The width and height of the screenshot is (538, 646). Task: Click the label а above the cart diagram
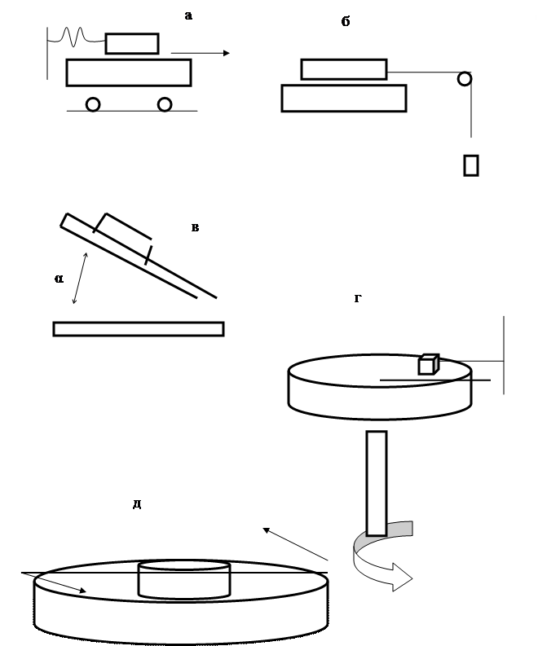pyautogui.click(x=188, y=15)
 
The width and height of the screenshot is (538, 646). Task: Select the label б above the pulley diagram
pyautogui.click(x=346, y=21)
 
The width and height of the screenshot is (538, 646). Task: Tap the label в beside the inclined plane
pyautogui.click(x=196, y=227)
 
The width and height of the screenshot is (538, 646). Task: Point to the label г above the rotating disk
pyautogui.click(x=358, y=298)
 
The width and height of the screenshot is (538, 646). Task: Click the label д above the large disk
pyautogui.click(x=137, y=504)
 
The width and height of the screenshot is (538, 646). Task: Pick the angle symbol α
pyautogui.click(x=59, y=279)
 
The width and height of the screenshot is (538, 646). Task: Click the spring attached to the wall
pyautogui.click(x=77, y=37)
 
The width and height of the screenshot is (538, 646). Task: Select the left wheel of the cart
pyautogui.click(x=93, y=104)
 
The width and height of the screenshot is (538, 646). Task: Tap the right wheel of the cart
pyautogui.click(x=165, y=104)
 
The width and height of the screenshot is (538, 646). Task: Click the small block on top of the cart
pyautogui.click(x=132, y=44)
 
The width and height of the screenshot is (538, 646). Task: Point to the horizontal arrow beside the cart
pyautogui.click(x=201, y=53)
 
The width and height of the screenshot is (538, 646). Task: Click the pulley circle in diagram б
pyautogui.click(x=465, y=79)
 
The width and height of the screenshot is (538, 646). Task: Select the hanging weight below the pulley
pyautogui.click(x=471, y=165)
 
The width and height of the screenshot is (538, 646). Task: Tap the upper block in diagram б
pyautogui.click(x=344, y=69)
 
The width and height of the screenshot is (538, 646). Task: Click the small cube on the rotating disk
pyautogui.click(x=429, y=364)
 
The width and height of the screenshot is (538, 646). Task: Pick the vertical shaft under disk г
pyautogui.click(x=377, y=483)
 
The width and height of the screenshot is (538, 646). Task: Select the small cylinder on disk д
pyautogui.click(x=184, y=579)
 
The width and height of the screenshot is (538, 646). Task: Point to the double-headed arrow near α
pyautogui.click(x=80, y=278)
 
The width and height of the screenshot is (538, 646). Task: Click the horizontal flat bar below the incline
pyautogui.click(x=139, y=329)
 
